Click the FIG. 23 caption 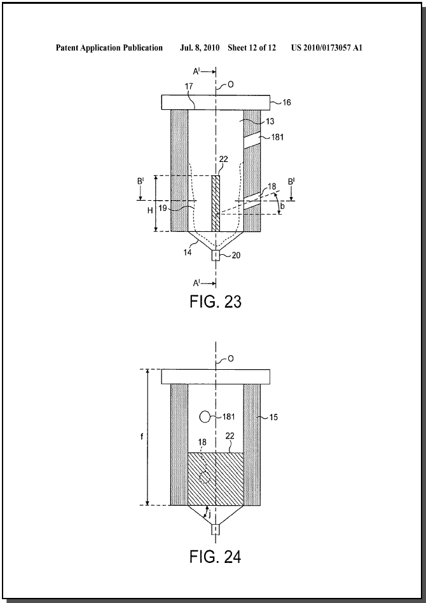[215, 301]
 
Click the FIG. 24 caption [215, 557]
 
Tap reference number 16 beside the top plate [287, 102]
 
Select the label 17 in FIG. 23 [189, 86]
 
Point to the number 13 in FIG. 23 [270, 121]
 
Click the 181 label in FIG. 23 [277, 137]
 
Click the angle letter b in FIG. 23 [283, 207]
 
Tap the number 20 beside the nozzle [237, 255]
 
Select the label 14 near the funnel [188, 253]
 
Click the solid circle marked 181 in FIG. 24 [205, 416]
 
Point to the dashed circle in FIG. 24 [205, 477]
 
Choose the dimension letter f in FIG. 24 [142, 437]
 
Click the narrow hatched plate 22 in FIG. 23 [216, 203]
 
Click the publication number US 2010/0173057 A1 [327, 48]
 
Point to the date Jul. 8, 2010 [200, 48]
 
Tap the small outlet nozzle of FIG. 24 [216, 530]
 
